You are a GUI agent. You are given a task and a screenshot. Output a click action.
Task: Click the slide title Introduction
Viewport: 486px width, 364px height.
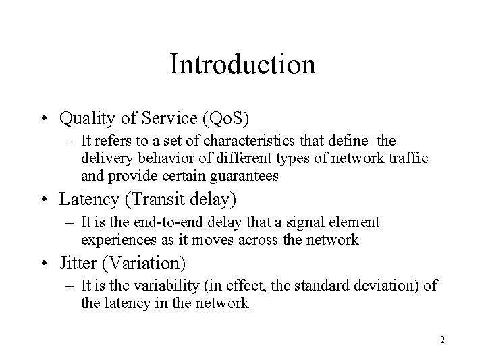pos(242,65)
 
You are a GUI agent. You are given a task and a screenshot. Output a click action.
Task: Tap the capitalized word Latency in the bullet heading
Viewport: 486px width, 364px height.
pos(86,200)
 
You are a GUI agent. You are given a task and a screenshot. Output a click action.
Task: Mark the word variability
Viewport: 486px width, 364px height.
pos(155,285)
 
